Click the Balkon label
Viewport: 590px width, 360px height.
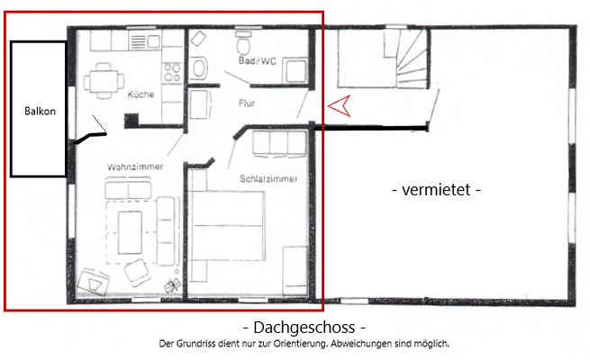point(39,112)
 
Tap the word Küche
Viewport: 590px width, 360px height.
point(141,94)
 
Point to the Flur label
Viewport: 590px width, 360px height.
point(246,103)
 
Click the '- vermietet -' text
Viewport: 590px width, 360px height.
point(438,190)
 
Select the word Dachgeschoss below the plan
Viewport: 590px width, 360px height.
point(305,328)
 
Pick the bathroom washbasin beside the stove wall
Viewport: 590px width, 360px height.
point(199,68)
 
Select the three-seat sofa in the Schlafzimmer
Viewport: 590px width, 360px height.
point(278,143)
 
